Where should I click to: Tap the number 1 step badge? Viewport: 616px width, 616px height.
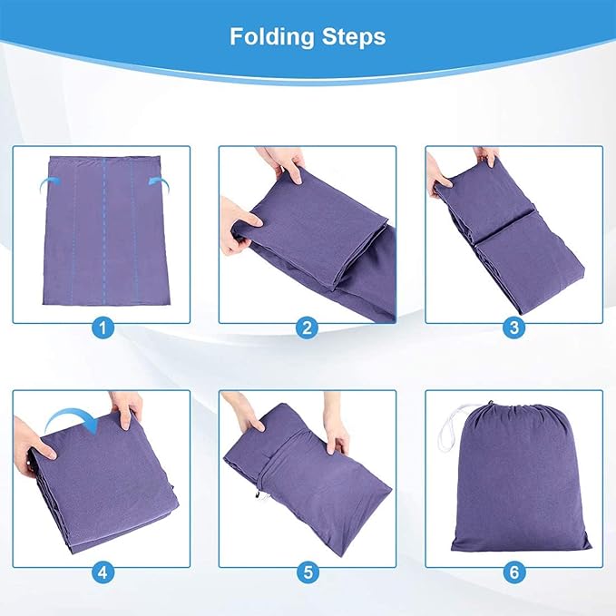pos(102,328)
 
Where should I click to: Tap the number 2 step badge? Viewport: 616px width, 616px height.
pos(308,328)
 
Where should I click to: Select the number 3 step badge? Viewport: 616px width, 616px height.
pos(514,328)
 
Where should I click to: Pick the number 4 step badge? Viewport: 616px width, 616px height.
pos(102,572)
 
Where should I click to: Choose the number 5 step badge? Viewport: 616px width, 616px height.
pos(308,572)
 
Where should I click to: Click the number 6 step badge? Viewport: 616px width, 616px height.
pos(514,572)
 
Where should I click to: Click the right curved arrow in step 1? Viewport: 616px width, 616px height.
pos(161,184)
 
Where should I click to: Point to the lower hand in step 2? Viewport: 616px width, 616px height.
pos(238,222)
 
